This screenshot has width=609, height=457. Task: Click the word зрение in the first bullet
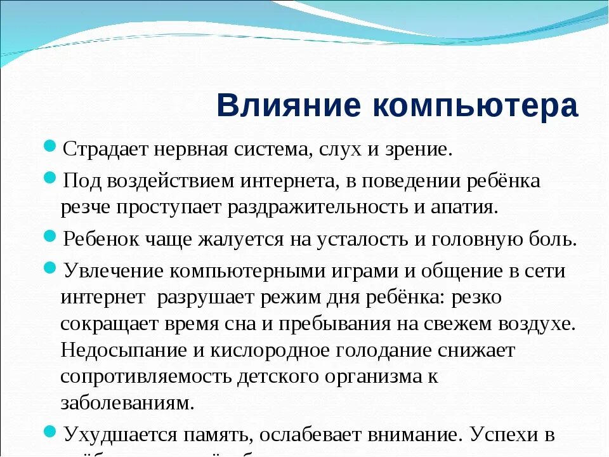[x=417, y=150]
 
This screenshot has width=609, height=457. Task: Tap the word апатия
[x=465, y=208]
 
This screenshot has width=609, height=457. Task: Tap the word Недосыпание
[x=125, y=350]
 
